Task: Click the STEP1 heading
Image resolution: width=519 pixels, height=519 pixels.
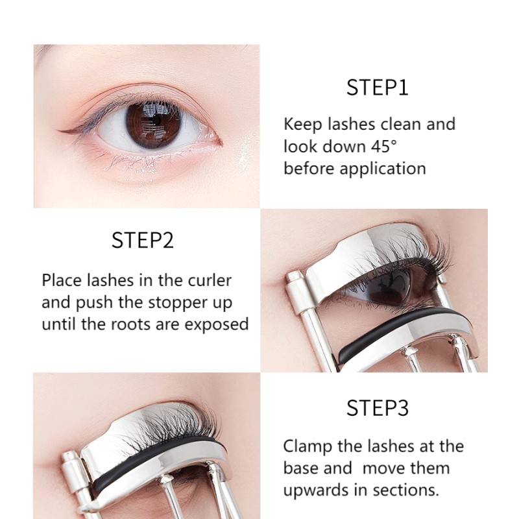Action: pyautogui.click(x=377, y=87)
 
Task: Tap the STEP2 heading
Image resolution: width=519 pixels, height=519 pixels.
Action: pyautogui.click(x=142, y=240)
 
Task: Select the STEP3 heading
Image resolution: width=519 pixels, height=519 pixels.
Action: pyautogui.click(x=377, y=409)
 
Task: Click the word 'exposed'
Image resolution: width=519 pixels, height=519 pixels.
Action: pyautogui.click(x=217, y=324)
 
